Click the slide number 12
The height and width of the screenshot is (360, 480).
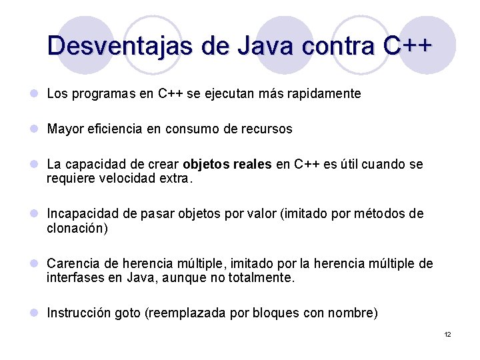click(x=447, y=334)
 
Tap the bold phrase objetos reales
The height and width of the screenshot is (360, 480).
click(x=227, y=165)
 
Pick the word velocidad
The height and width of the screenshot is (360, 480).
click(x=131, y=179)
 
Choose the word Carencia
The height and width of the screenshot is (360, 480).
click(x=71, y=264)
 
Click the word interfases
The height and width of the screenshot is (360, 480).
click(x=74, y=278)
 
